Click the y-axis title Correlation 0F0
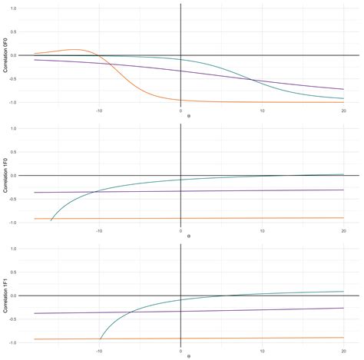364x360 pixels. (6, 55)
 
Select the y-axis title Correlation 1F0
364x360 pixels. (6, 175)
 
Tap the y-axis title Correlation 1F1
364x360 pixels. (6, 295)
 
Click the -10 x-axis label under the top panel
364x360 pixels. (99, 110)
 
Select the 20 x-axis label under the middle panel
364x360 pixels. (343, 230)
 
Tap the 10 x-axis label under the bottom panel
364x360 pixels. (262, 349)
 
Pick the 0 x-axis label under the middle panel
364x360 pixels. (180, 230)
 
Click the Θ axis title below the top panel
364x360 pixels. (180, 117)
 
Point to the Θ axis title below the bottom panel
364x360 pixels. (180, 356)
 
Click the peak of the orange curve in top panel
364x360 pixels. (75, 50)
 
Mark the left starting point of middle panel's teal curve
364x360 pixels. (51, 220)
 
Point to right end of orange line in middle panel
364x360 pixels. (343, 218)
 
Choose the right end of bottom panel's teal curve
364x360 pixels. (343, 291)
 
